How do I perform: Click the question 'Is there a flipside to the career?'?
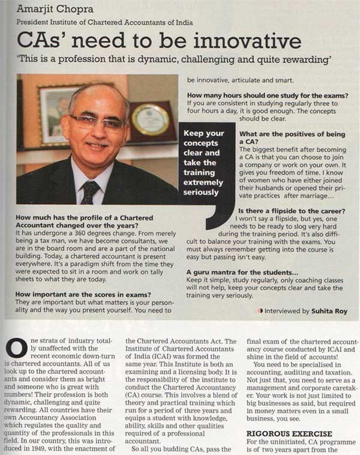pos(298,211)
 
